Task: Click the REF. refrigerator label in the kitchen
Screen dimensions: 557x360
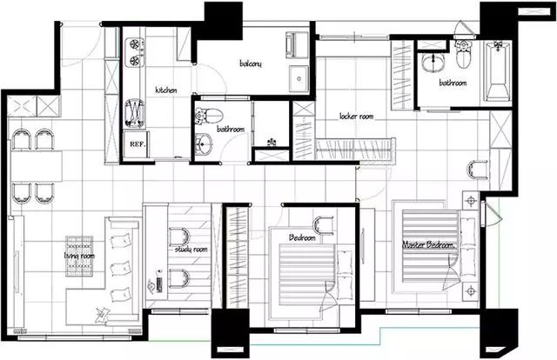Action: pos(138,144)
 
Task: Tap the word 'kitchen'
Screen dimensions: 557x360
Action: pos(166,90)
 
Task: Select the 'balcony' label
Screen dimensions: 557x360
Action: pos(251,63)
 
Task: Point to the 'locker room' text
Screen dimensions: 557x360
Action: pos(356,117)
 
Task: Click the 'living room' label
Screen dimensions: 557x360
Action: pos(79,256)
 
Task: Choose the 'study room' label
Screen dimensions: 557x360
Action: pos(191,250)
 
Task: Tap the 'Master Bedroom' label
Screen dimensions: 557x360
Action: pos(429,245)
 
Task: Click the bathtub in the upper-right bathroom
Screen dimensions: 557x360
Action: pos(498,71)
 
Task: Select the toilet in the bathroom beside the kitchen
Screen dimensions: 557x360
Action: pos(209,116)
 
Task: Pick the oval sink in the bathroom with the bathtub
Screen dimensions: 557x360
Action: pos(433,63)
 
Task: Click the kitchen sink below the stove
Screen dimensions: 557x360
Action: pos(135,113)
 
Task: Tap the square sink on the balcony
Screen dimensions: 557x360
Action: pos(299,78)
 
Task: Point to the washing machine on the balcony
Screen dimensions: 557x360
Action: pos(297,45)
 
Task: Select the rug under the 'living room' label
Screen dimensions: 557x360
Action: pos(79,256)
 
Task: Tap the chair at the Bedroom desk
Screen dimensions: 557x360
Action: pos(323,225)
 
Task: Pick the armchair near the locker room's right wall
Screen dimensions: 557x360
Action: pos(478,170)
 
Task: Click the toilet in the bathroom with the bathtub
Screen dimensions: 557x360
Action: pos(463,54)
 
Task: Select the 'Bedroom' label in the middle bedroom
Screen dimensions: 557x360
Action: pos(302,237)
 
